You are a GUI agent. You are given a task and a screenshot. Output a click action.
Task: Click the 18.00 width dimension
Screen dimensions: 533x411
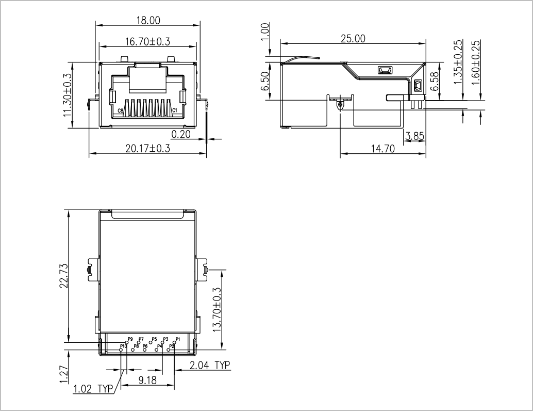(x=148, y=21)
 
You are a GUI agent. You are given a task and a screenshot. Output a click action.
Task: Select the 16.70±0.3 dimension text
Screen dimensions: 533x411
(x=147, y=41)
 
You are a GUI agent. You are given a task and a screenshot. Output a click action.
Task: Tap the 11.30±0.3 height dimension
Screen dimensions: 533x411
(x=67, y=95)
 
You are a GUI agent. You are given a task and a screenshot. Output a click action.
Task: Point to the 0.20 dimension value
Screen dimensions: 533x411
(x=181, y=134)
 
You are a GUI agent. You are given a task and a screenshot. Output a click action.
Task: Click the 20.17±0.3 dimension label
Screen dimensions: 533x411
(x=147, y=149)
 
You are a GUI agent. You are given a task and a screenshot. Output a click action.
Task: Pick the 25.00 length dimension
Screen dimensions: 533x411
(x=353, y=39)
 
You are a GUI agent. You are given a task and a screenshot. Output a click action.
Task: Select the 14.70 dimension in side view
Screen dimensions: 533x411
(x=383, y=149)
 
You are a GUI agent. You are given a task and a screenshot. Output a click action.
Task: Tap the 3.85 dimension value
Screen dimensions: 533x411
(x=415, y=136)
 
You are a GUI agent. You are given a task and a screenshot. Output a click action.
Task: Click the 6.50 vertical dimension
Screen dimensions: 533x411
(x=265, y=81)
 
